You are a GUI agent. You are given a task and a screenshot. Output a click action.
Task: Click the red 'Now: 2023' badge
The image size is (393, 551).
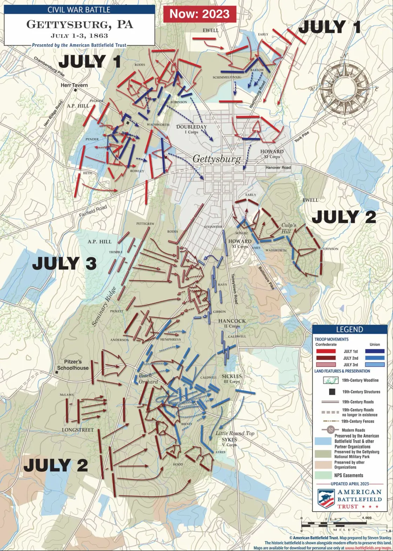click(199, 14)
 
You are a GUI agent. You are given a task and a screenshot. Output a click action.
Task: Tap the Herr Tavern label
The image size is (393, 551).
click(74, 85)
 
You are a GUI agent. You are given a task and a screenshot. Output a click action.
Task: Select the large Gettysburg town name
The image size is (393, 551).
click(217, 159)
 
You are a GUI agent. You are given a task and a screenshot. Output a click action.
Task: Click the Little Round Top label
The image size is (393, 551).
click(235, 433)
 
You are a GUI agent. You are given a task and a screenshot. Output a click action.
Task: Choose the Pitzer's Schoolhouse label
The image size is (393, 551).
click(73, 365)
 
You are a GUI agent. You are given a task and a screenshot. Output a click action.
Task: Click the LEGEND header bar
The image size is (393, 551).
click(349, 330)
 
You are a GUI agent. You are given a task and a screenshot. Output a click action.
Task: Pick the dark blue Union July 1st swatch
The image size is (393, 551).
click(374, 351)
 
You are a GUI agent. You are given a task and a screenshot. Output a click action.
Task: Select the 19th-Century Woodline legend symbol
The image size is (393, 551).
click(331, 380)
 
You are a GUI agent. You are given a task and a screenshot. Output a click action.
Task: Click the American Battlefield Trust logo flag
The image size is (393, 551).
click(326, 499)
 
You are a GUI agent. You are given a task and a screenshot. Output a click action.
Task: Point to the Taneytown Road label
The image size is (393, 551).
click(235, 289)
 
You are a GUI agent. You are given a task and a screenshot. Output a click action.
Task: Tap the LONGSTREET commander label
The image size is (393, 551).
click(78, 430)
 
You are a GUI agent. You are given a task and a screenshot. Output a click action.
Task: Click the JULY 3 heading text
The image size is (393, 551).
click(64, 263)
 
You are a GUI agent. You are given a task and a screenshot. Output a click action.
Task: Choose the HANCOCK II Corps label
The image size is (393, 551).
click(232, 323)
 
